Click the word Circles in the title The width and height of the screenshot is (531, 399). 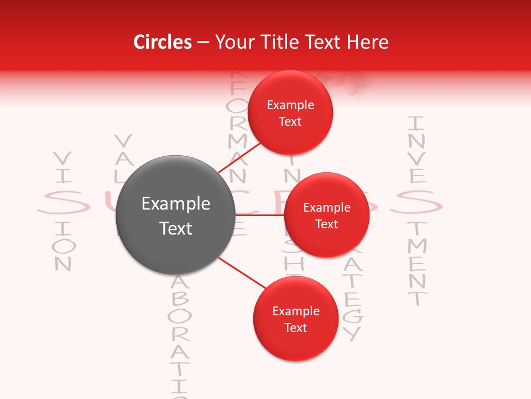coord(162,42)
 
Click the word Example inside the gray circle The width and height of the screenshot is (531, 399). coord(176,204)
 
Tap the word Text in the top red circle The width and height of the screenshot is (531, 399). coord(290,122)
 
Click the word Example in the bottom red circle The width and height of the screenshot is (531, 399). coord(295,311)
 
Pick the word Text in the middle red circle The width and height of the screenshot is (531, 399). coord(327,224)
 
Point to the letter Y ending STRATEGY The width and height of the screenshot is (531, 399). coord(352,333)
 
